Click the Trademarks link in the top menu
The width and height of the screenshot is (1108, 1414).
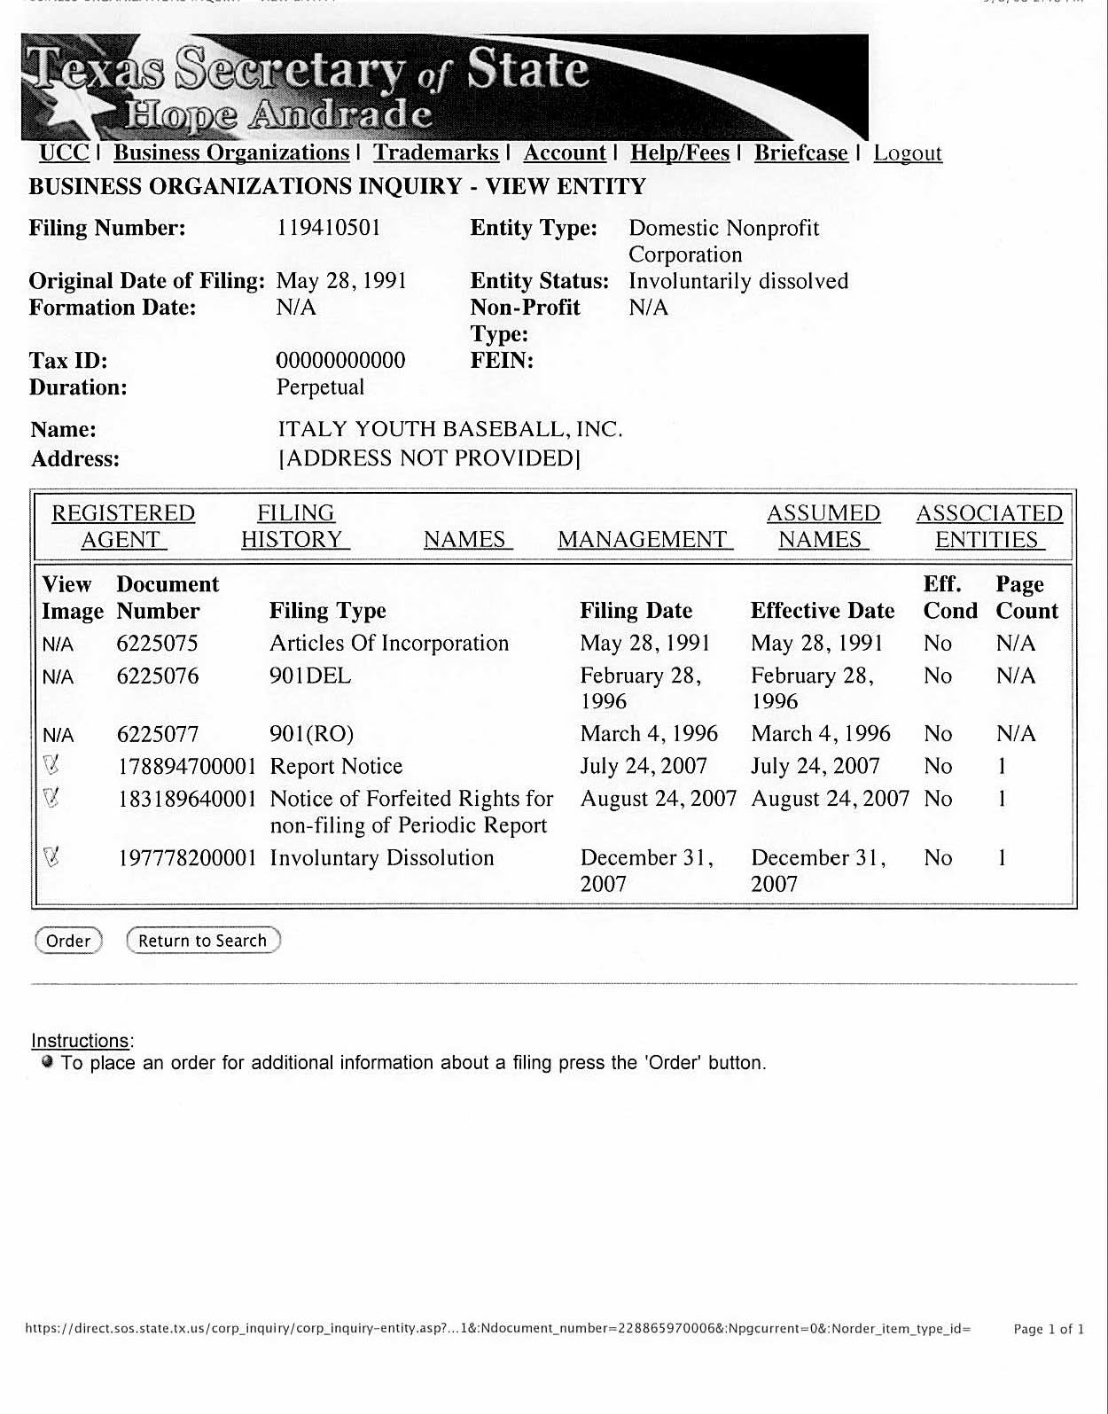435,152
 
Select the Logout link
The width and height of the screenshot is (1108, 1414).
907,152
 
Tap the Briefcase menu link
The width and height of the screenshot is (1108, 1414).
800,152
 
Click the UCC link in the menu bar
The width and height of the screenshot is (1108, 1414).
64,152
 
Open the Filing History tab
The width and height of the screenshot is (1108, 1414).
295,526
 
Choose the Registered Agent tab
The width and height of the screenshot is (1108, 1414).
122,526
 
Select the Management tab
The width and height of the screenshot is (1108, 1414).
644,539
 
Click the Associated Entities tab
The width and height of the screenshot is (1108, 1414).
988,526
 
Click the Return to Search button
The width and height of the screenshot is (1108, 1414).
203,941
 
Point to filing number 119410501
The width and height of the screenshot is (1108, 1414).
329,228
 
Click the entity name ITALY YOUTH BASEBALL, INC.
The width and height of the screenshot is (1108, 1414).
450,429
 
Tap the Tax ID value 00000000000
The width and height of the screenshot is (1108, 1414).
341,360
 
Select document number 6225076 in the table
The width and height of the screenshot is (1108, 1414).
158,676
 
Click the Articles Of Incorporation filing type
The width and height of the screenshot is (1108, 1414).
389,643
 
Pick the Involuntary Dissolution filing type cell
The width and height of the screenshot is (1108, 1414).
382,857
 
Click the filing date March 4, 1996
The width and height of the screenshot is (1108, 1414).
649,733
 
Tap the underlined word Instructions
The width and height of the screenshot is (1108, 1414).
80,1040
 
